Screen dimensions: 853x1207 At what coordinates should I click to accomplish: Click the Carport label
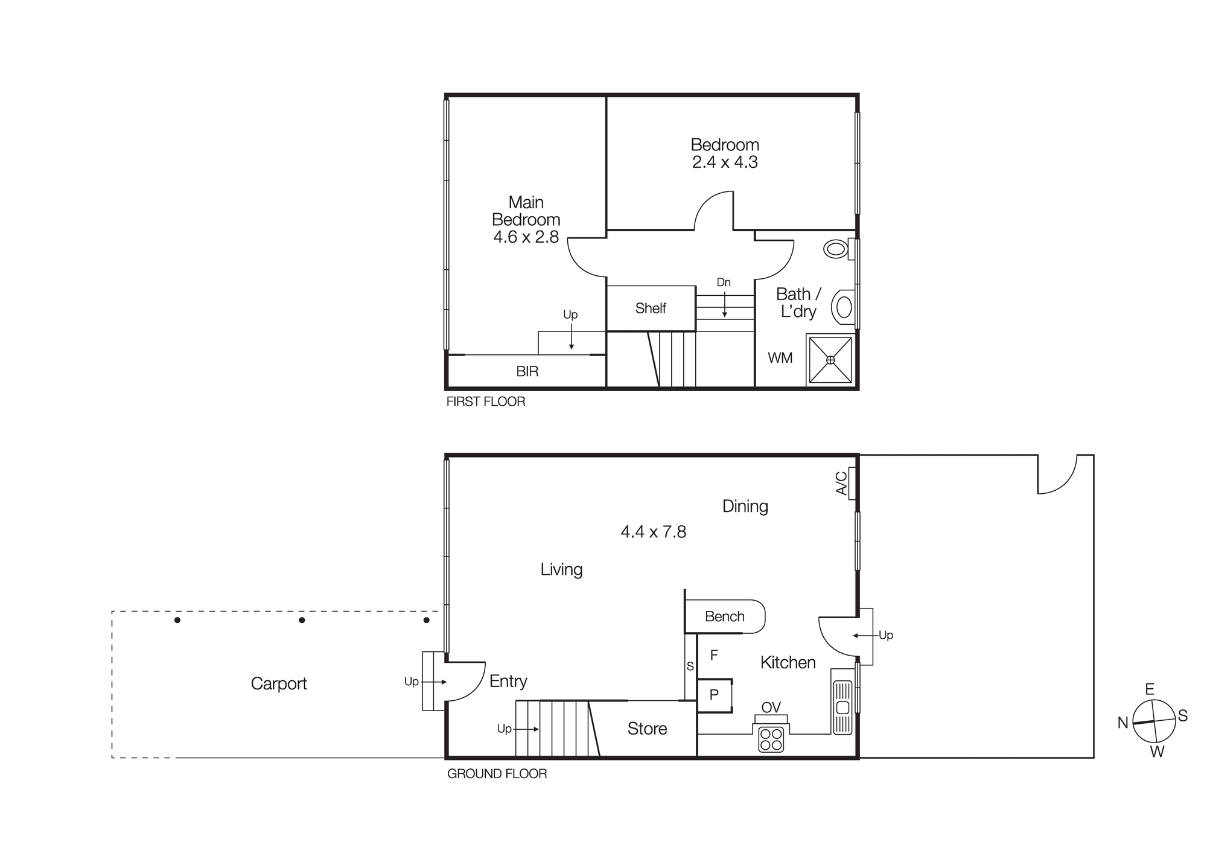(x=279, y=683)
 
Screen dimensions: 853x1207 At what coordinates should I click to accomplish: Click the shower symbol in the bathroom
(x=830, y=360)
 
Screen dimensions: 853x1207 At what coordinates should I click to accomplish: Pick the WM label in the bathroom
(x=780, y=358)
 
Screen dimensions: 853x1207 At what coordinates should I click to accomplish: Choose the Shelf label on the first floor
(x=651, y=308)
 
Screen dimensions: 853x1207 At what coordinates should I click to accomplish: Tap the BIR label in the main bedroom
(x=527, y=372)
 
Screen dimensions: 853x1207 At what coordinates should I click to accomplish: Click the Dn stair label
(x=724, y=283)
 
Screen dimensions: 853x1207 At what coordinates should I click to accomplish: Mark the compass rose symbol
(x=1154, y=721)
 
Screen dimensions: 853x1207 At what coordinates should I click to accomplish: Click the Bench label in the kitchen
(x=724, y=616)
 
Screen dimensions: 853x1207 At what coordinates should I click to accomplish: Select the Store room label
(x=647, y=729)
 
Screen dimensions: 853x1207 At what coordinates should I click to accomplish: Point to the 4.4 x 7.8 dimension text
(x=654, y=532)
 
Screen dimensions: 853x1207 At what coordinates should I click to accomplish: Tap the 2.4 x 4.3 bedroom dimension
(x=725, y=162)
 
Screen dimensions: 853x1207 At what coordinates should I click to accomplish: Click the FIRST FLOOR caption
(x=486, y=402)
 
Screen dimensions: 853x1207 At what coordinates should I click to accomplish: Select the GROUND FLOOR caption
(x=497, y=774)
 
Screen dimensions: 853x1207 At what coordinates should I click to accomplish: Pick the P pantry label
(x=714, y=695)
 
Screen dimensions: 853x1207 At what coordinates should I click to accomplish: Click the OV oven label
(x=771, y=708)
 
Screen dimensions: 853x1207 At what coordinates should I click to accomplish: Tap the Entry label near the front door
(x=508, y=682)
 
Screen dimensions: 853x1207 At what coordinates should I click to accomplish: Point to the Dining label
(x=745, y=506)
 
